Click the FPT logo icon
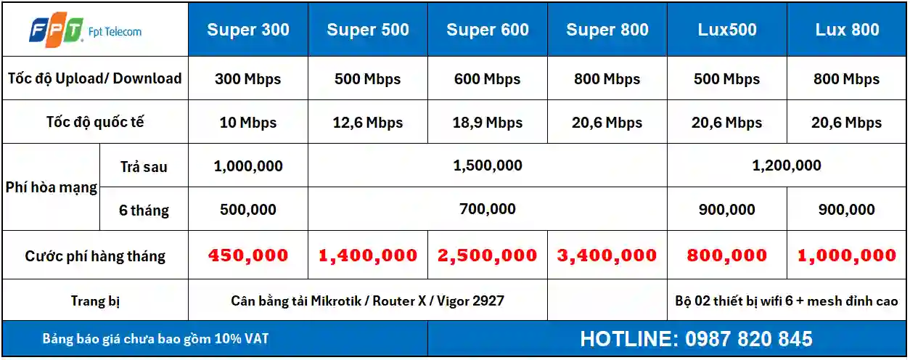point(56,32)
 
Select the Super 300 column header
point(248,30)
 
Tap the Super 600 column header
point(488,30)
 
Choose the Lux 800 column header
point(847,30)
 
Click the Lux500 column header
point(727,30)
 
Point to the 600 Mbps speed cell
point(487,79)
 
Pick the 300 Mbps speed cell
point(247,79)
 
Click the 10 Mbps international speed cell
point(247,123)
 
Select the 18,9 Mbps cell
point(488,123)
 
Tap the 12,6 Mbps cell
point(368,123)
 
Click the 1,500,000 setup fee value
point(488,165)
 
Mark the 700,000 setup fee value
point(488,209)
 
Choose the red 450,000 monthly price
point(248,255)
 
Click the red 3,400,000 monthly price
point(607,255)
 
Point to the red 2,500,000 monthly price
point(488,255)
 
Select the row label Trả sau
point(144,167)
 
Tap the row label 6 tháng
point(144,210)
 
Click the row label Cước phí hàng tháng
point(95,256)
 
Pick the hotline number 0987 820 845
point(749,339)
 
